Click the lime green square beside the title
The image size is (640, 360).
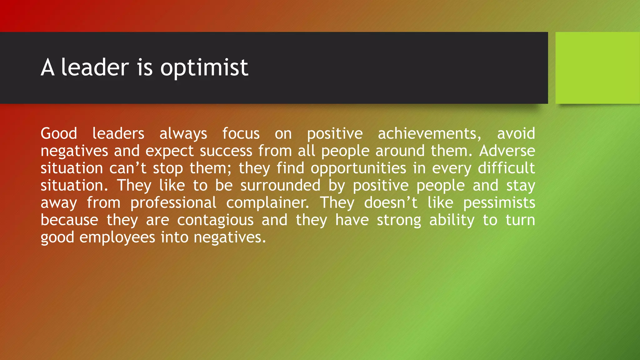597,68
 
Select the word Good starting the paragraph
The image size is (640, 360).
59,134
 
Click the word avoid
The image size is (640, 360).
516,134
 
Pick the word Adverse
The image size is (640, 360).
507,151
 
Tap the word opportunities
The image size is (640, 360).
358,168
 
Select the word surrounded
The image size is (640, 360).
280,186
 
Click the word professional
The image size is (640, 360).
173,203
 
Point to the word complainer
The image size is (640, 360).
267,203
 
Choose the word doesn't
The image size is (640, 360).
391,203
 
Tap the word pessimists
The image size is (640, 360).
499,203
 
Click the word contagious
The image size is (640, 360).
215,220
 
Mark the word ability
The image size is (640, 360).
452,220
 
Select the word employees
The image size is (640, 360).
117,237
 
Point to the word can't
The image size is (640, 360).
128,168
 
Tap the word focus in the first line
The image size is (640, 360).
241,134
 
